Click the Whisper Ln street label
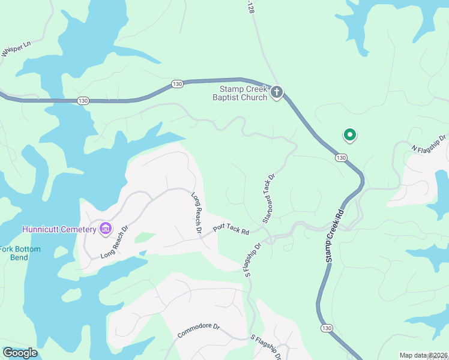16,49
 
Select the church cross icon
276,92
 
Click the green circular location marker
349,135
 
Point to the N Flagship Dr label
429,144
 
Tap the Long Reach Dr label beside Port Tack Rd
196,212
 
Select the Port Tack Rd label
231,229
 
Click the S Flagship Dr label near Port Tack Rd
253,258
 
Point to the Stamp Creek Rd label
334,235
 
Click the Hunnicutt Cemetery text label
59,229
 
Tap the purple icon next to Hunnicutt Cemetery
106,228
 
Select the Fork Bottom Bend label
20,253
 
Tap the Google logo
20,352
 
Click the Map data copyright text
423,355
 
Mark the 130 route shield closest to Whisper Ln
83,101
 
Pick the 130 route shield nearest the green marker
340,157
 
